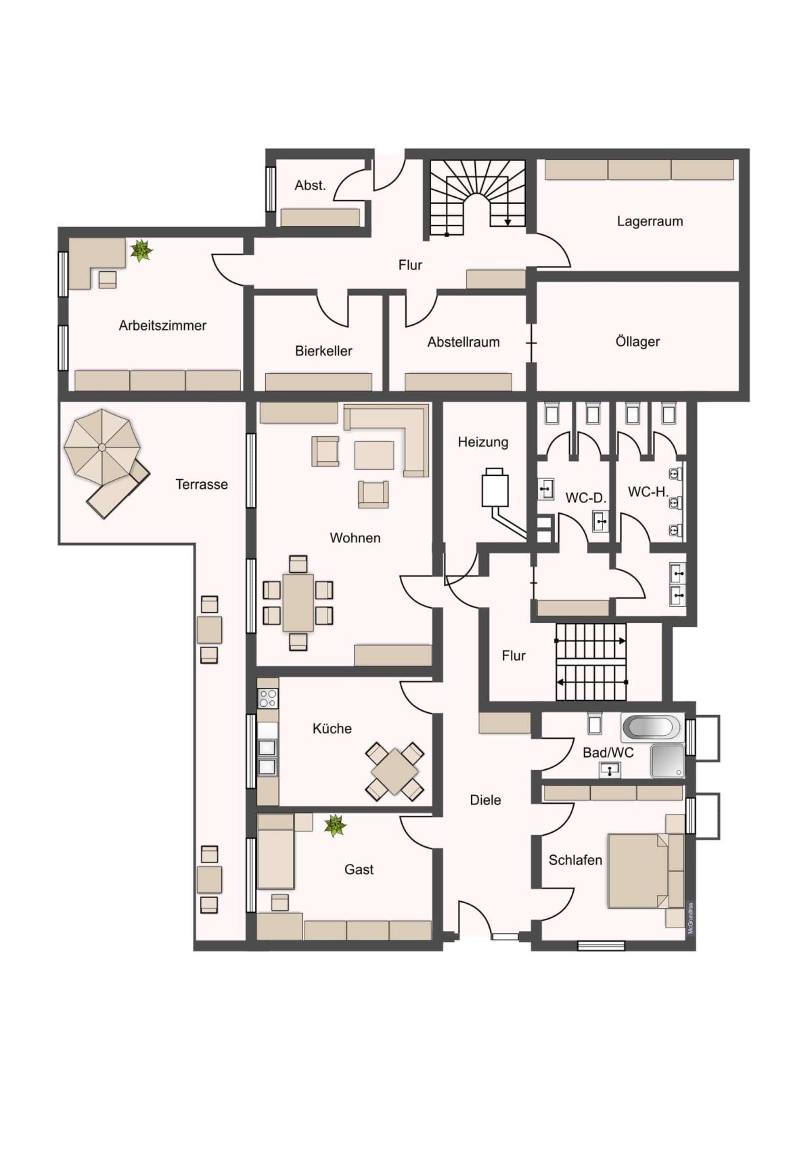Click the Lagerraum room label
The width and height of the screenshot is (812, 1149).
click(650, 221)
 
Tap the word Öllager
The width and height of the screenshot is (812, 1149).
click(637, 341)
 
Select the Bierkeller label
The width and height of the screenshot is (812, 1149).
click(323, 351)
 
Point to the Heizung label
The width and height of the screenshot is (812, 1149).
click(483, 442)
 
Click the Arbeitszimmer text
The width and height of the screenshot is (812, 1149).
click(162, 325)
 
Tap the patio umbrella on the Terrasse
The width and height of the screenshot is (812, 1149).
click(102, 447)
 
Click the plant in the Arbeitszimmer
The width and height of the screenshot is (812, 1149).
click(141, 251)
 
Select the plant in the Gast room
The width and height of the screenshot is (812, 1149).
click(335, 825)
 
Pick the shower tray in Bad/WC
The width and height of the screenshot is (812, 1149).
click(667, 761)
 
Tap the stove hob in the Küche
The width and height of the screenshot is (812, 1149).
click(267, 697)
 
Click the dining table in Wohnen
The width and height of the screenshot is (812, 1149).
click(298, 603)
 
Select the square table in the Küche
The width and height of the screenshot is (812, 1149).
click(394, 771)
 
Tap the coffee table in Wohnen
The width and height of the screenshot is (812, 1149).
click(374, 456)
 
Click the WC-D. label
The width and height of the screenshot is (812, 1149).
click(586, 498)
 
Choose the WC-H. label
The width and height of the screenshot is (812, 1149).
click(648, 492)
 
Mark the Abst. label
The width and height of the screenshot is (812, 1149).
click(310, 185)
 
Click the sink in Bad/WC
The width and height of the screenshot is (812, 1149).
click(610, 770)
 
